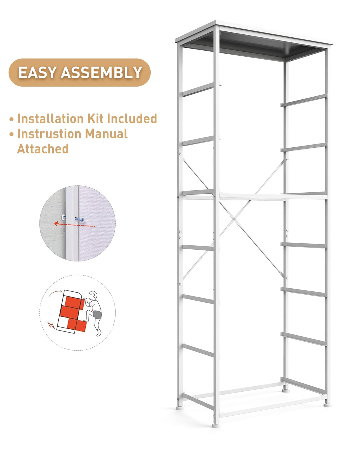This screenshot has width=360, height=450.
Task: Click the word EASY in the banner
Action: tap(37, 73)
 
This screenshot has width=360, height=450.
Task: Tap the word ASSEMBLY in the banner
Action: tap(101, 73)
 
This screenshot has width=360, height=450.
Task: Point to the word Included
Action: tap(132, 119)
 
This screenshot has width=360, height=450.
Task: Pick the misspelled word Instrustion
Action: tap(49, 134)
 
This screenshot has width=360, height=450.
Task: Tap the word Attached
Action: tap(43, 149)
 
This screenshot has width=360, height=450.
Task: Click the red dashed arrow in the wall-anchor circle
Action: tap(74, 225)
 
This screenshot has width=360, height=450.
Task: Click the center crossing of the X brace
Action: tap(234, 219)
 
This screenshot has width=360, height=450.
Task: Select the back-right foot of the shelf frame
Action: tap(327, 404)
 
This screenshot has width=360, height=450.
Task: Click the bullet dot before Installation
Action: tap(12, 119)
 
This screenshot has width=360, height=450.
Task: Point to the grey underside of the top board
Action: tap(252, 47)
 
